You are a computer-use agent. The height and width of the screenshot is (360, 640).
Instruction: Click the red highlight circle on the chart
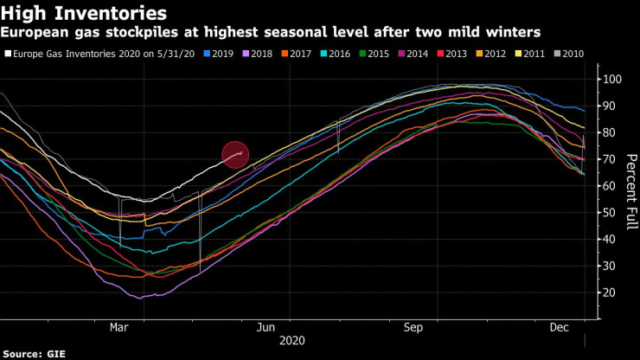(235, 154)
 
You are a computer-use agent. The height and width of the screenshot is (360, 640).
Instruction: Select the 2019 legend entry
(217, 54)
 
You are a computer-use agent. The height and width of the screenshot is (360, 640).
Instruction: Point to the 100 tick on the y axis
(611, 80)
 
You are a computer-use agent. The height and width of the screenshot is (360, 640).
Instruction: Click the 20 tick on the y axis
(609, 292)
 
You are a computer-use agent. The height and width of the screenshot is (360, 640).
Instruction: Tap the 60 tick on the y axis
(609, 186)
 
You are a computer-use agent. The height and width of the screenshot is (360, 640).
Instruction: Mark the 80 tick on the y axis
(609, 132)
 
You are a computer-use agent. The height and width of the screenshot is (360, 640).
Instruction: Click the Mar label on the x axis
(119, 329)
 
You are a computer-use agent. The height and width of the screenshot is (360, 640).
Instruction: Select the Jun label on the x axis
(266, 329)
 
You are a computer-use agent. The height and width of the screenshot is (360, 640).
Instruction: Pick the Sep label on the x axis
(413, 329)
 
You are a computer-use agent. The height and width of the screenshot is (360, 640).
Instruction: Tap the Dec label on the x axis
(559, 329)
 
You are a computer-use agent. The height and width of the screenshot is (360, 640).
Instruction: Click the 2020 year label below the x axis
(292, 341)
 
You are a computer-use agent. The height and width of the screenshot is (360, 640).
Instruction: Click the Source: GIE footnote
(35, 353)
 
